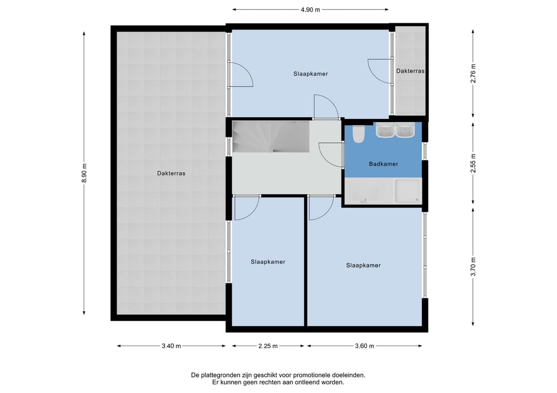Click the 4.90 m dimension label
click(x=310, y=10)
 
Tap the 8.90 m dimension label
click(x=84, y=173)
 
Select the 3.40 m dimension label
click(x=171, y=346)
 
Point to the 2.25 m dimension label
click(x=268, y=346)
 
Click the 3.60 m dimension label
click(x=365, y=346)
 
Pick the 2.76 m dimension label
click(x=473, y=74)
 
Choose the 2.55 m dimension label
click(x=473, y=163)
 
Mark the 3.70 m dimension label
click(x=473, y=267)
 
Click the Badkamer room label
click(x=383, y=164)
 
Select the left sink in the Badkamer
click(x=385, y=130)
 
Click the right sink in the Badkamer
click(x=405, y=130)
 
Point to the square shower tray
click(x=408, y=191)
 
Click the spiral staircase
click(x=271, y=136)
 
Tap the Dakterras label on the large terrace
click(x=171, y=174)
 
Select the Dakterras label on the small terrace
click(x=411, y=71)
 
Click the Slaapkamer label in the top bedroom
click(x=310, y=74)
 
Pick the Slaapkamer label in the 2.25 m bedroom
click(x=268, y=262)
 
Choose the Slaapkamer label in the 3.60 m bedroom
click(x=364, y=265)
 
